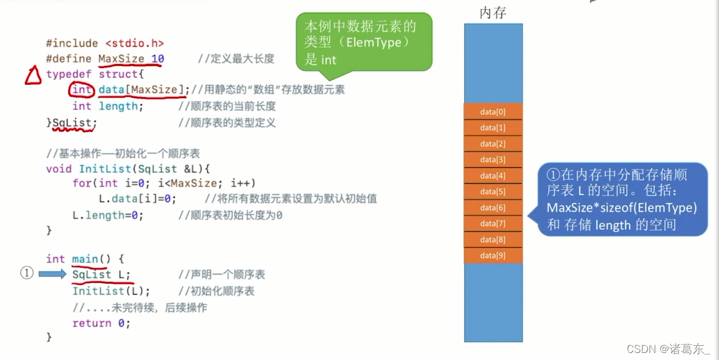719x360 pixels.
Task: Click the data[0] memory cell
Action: (x=493, y=112)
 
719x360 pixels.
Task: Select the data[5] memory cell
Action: (x=493, y=192)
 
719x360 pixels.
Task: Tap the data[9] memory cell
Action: (x=493, y=255)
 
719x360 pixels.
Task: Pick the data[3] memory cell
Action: (x=493, y=160)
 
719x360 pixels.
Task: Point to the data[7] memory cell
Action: (x=493, y=224)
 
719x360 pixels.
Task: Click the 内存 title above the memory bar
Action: (x=493, y=12)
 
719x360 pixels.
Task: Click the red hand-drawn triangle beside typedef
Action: (x=32, y=76)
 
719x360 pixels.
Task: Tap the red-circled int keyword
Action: (x=82, y=90)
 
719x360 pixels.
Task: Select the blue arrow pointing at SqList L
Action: (x=53, y=274)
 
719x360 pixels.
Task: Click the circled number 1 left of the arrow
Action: (x=26, y=274)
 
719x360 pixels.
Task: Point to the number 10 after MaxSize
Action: (x=158, y=59)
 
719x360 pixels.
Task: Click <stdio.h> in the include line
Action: (x=135, y=43)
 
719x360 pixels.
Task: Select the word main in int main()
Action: (x=85, y=259)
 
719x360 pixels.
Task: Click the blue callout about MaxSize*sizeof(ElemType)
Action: (x=621, y=199)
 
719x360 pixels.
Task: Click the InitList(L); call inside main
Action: (x=111, y=291)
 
